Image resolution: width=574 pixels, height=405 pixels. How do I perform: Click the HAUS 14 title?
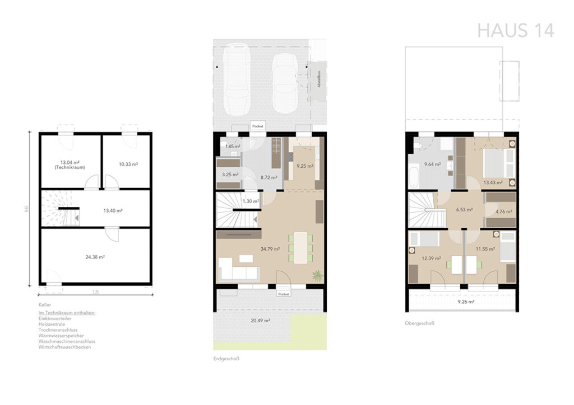point(516,30)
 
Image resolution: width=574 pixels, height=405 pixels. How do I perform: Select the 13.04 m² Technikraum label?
point(71,164)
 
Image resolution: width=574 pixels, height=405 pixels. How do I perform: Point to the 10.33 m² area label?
point(128,164)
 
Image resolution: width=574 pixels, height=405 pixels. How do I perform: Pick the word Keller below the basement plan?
point(45,305)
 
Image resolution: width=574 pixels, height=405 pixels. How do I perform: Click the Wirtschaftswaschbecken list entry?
point(64,347)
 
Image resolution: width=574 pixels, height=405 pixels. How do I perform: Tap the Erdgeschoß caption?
point(226,359)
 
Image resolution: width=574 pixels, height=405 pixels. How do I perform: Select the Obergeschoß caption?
point(419,323)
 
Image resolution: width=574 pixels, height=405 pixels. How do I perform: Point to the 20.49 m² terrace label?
point(261,321)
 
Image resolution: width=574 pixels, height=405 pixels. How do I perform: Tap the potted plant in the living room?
point(318,275)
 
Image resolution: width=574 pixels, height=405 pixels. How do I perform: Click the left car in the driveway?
point(235,81)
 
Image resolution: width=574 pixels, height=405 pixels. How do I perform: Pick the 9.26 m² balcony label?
point(467,302)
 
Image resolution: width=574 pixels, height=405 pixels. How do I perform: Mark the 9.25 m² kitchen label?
point(305,166)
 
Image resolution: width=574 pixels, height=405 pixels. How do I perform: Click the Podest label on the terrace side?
point(283,293)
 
